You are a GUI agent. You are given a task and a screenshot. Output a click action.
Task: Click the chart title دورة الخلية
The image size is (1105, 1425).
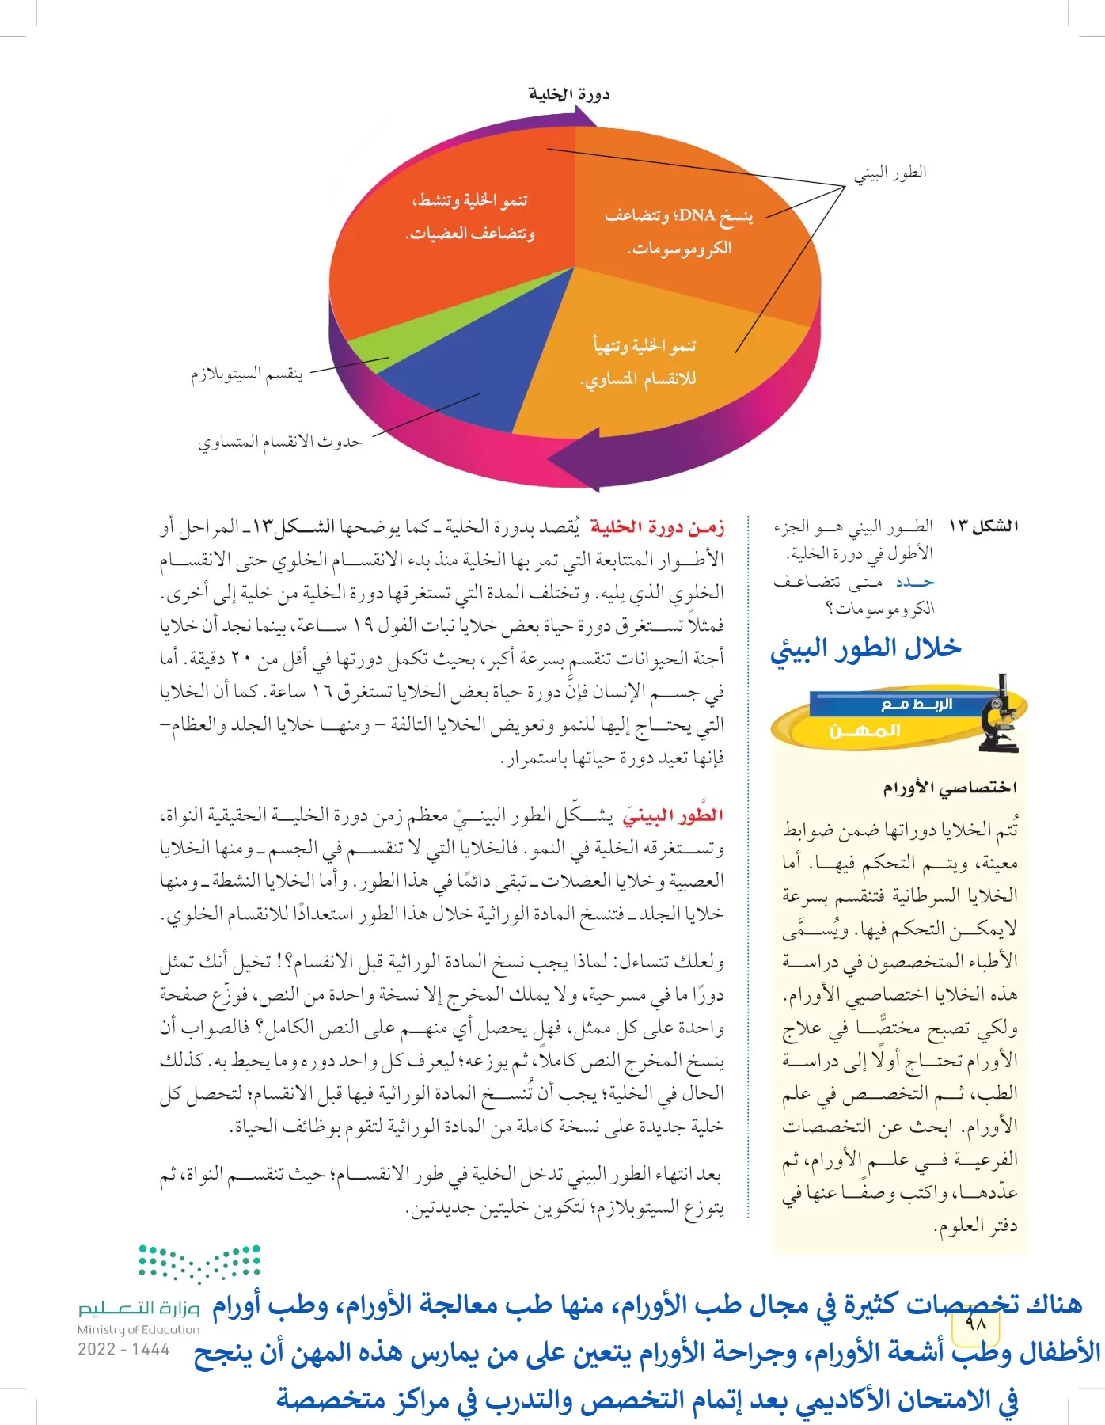[x=568, y=94]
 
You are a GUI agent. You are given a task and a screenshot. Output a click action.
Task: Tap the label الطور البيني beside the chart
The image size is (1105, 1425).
[x=890, y=173]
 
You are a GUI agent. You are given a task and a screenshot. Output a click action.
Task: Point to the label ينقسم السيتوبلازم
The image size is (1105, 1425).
[x=246, y=374]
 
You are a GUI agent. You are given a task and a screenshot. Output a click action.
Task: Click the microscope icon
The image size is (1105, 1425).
[x=999, y=714]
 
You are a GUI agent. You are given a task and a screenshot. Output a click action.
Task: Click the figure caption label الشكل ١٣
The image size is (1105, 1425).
[x=982, y=526]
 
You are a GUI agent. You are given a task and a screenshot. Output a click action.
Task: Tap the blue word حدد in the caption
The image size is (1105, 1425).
[x=915, y=582]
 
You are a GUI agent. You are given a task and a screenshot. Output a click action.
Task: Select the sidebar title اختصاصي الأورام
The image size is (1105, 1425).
[x=950, y=788]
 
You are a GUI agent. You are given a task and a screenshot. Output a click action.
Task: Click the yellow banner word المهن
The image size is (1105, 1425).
[x=864, y=730]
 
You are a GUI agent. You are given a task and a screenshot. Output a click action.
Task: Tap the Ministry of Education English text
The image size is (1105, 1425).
[x=138, y=1330]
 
